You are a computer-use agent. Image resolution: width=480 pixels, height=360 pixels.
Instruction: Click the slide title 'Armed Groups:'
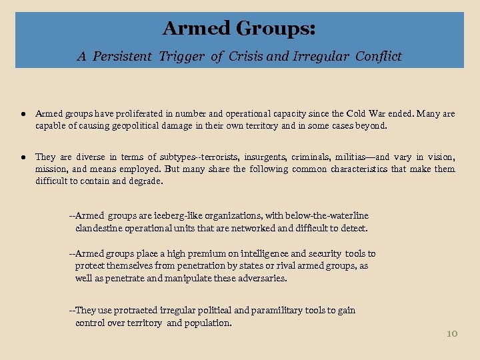pyautogui.click(x=239, y=29)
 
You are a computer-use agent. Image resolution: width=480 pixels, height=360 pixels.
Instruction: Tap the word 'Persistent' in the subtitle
pyautogui.click(x=123, y=57)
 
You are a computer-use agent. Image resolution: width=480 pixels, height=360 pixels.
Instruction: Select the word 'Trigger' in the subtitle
pyautogui.click(x=183, y=57)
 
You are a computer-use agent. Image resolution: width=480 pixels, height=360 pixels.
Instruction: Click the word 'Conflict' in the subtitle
pyautogui.click(x=378, y=57)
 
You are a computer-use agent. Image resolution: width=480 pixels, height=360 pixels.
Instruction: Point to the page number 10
pyautogui.click(x=451, y=333)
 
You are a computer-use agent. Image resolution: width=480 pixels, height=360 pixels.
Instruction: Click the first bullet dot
pyautogui.click(x=22, y=113)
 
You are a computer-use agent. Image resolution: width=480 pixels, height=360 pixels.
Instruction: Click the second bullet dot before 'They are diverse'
pyautogui.click(x=22, y=157)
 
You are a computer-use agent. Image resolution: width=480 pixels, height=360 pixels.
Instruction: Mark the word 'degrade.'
pyautogui.click(x=145, y=181)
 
